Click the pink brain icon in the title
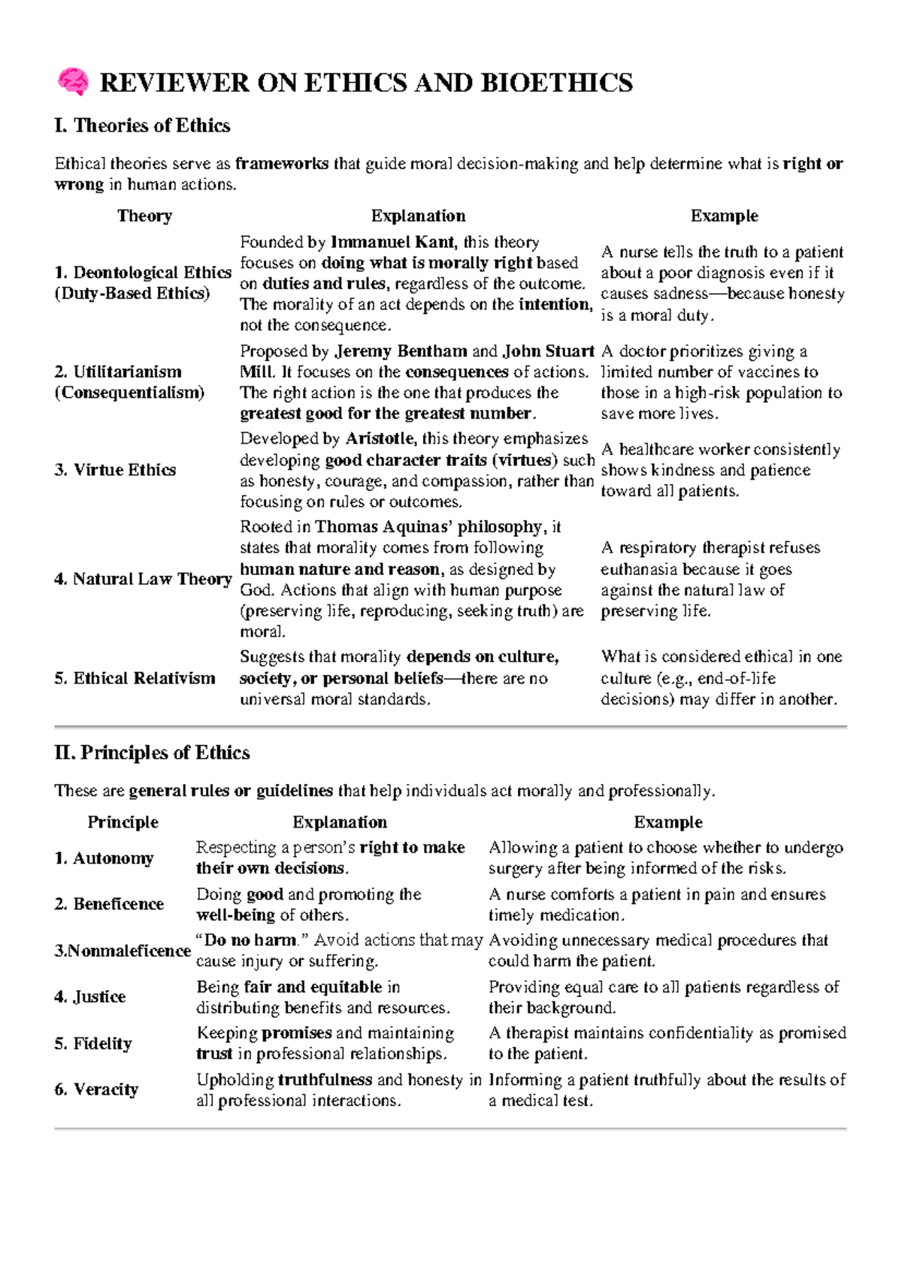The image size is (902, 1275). (72, 82)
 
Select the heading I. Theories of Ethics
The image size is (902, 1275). (142, 126)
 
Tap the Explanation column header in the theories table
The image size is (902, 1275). (418, 217)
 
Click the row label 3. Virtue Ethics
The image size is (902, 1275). (115, 470)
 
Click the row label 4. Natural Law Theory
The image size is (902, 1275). (142, 579)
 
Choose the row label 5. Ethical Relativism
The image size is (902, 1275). (135, 678)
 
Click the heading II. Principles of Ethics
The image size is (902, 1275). (152, 753)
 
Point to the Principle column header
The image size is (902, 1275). (123, 822)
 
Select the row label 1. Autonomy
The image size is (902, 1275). (104, 859)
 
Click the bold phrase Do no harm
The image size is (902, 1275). (250, 940)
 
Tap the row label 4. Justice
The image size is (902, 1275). (89, 997)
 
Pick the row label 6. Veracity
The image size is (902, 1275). (96, 1090)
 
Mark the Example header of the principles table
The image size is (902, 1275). (667, 822)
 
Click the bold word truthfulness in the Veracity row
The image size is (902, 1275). (325, 1080)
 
